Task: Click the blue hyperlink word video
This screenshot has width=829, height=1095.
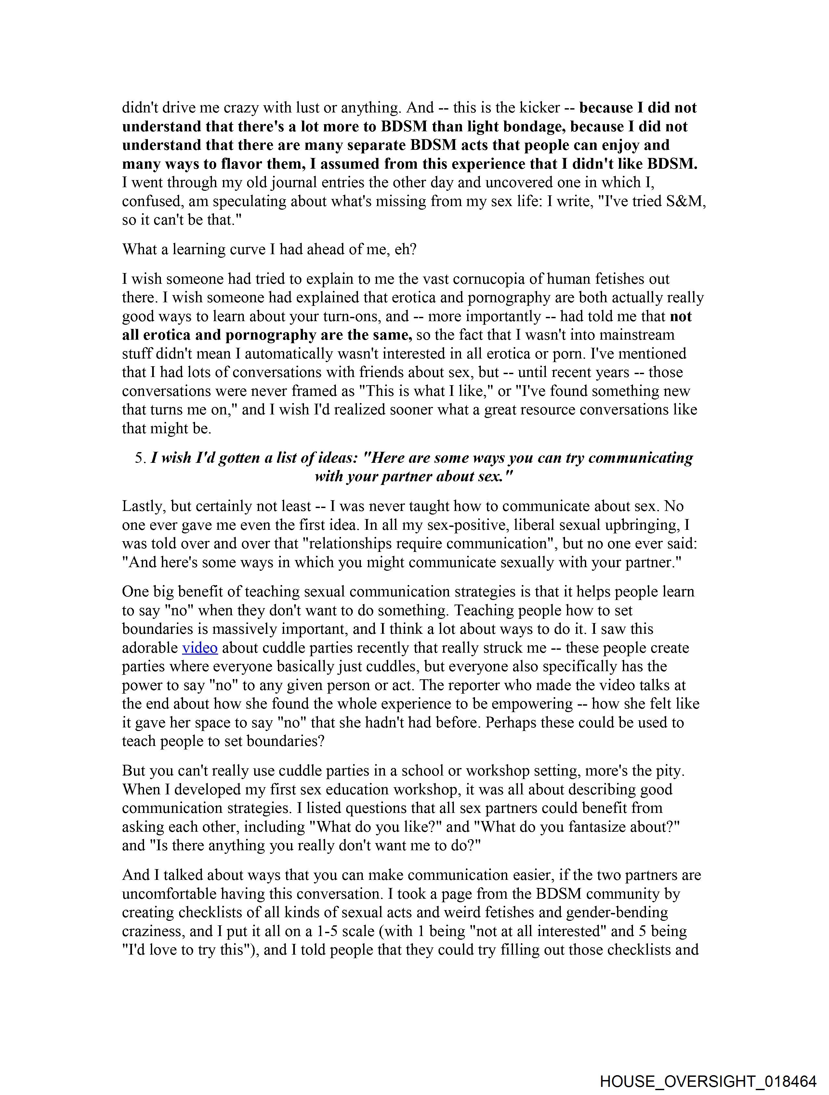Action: coord(200,648)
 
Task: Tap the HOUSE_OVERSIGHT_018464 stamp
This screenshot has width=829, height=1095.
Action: coord(708,1081)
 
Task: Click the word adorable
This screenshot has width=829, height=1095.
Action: coord(150,648)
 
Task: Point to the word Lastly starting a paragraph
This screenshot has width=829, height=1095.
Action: coord(142,506)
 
